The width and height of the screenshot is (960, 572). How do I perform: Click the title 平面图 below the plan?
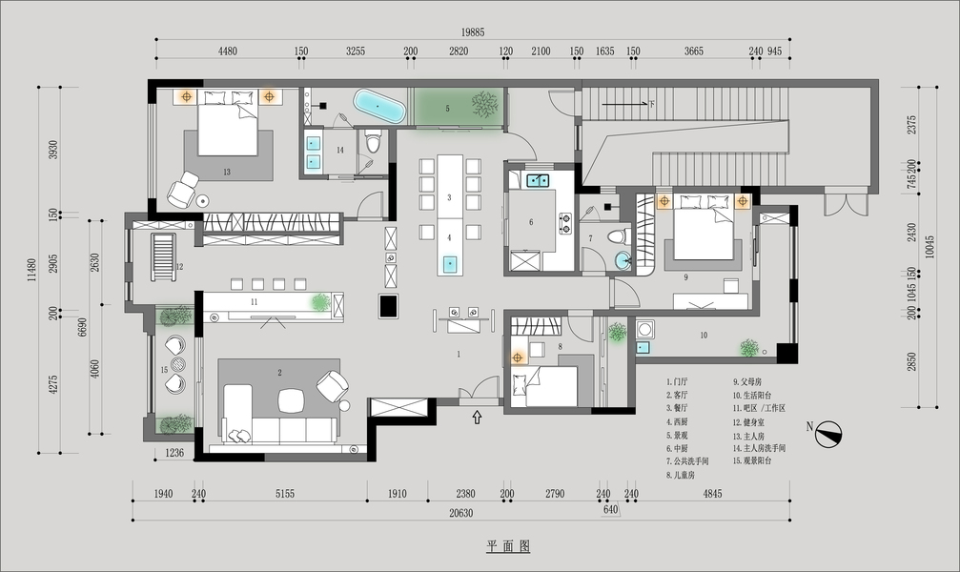tap(507, 547)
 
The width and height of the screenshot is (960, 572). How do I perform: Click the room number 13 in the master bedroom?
tap(227, 173)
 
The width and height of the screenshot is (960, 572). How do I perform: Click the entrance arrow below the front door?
tap(477, 417)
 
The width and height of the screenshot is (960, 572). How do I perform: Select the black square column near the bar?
tap(389, 306)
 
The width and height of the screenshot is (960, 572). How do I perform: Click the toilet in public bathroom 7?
tap(616, 235)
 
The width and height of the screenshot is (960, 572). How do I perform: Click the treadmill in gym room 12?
tap(164, 255)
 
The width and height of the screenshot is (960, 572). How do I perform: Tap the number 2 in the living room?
tap(279, 373)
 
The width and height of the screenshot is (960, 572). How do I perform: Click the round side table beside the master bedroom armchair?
tap(203, 200)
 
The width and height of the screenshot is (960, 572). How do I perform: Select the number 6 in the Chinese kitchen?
tap(531, 222)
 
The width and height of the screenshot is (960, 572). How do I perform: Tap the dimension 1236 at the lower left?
tap(174, 453)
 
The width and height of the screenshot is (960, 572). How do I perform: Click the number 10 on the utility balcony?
tap(704, 335)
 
